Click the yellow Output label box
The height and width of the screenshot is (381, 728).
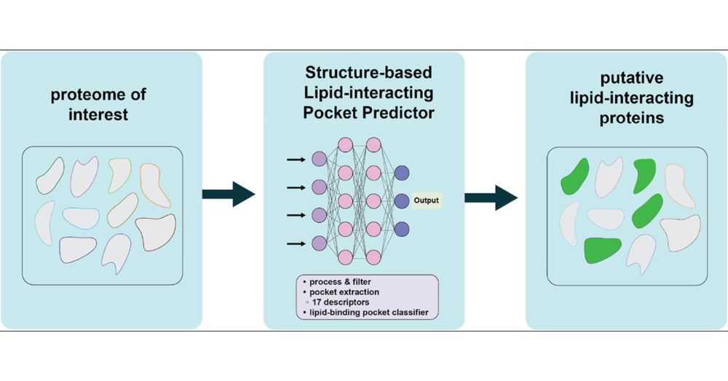click(x=426, y=200)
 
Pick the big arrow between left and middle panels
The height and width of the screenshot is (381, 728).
click(x=228, y=194)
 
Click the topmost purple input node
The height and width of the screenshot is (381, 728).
click(x=318, y=158)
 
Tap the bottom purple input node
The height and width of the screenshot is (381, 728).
click(x=318, y=243)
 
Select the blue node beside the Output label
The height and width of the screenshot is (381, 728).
click(x=401, y=200)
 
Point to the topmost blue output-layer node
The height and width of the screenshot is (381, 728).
click(x=401, y=172)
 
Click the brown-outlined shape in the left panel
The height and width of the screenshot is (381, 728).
click(x=157, y=232)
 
